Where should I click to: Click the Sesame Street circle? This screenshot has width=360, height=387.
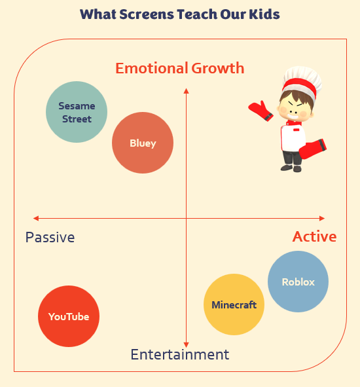tap(77, 112)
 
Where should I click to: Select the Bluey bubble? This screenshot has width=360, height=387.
tap(143, 143)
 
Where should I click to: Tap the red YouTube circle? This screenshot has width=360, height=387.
tap(69, 316)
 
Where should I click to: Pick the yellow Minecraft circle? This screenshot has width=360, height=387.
tap(234, 304)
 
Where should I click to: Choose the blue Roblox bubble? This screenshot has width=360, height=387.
tap(298, 282)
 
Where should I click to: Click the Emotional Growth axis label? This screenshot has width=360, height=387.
tap(180, 68)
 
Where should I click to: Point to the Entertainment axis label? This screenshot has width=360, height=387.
tap(180, 354)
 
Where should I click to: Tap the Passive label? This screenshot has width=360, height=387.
tap(50, 238)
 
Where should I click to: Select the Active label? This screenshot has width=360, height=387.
tap(315, 236)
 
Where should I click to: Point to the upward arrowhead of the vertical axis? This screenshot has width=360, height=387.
tap(187, 90)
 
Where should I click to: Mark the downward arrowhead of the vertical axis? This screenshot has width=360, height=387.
tap(187, 345)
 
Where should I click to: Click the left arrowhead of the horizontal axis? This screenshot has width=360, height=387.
tap(36, 218)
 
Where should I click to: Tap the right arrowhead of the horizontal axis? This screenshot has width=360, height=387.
tap(322, 218)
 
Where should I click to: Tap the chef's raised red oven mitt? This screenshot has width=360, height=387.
tap(261, 111)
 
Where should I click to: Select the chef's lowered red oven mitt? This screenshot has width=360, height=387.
tap(313, 149)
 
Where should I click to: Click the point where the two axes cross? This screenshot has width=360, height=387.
tap(187, 218)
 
